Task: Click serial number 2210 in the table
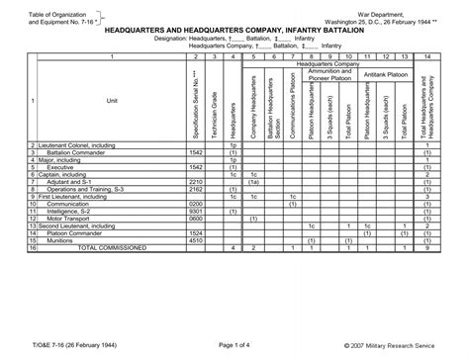(x=196, y=182)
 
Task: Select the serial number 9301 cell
(x=196, y=211)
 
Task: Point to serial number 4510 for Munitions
(x=196, y=239)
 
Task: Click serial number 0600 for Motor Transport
(x=196, y=218)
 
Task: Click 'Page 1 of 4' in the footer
(x=234, y=343)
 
